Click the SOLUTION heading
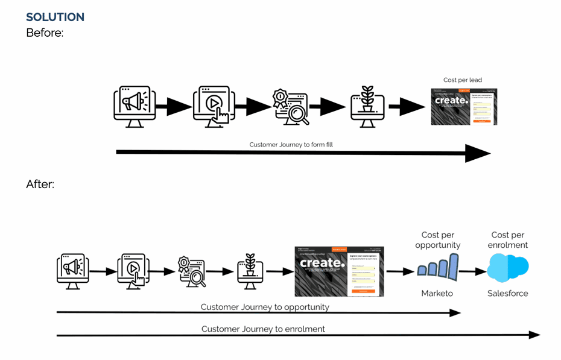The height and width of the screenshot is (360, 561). click(55, 17)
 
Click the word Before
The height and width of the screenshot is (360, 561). click(44, 33)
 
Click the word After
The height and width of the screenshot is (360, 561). click(40, 184)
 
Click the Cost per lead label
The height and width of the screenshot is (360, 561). click(463, 80)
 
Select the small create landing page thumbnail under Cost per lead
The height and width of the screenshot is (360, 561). click(463, 107)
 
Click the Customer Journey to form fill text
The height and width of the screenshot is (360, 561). click(291, 145)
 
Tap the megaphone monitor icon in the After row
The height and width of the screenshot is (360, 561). click(72, 271)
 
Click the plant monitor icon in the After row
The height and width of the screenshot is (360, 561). click(249, 271)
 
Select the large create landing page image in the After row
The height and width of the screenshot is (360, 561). click(340, 271)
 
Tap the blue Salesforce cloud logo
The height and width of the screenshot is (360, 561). click(507, 267)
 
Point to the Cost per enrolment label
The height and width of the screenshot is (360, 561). click(509, 240)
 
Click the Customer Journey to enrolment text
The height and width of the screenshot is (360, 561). click(263, 329)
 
